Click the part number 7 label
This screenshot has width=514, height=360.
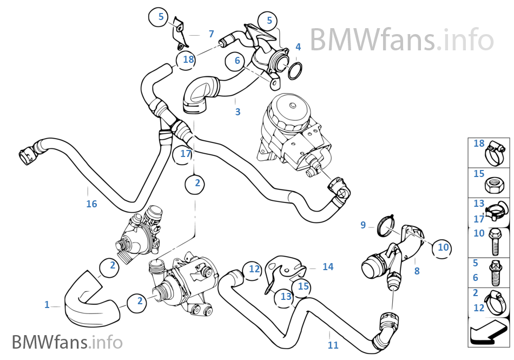coord(211,34)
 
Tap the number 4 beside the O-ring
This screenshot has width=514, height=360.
coord(298,47)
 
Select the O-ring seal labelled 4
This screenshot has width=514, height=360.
coord(295,70)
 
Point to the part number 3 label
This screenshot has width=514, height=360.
coord(238,112)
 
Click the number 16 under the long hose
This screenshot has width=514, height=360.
coord(91,204)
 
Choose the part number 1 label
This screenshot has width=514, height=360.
coord(47,305)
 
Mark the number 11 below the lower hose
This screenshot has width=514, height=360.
coord(333,345)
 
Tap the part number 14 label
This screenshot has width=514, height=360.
coord(328,266)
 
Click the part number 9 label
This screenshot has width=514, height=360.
coord(363,225)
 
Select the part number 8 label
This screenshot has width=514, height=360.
coord(417,271)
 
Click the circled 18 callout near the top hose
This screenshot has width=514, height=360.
coord(188,60)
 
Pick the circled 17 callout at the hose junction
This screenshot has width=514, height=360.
coord(186,154)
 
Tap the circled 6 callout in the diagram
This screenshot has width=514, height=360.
coord(237,61)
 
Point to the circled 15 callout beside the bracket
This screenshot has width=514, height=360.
coord(303,285)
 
